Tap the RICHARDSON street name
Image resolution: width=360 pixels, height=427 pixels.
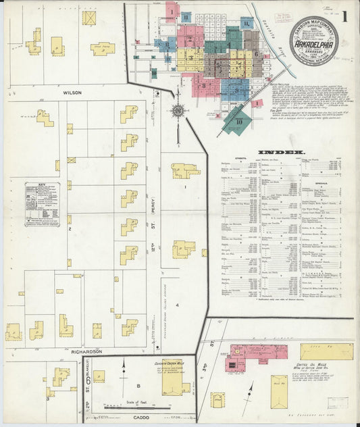coord(84,351)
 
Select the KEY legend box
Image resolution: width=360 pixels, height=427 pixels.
coord(41,203)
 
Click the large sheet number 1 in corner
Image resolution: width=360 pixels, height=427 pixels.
coord(345,14)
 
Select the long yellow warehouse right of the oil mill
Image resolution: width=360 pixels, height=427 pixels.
coord(327,351)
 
